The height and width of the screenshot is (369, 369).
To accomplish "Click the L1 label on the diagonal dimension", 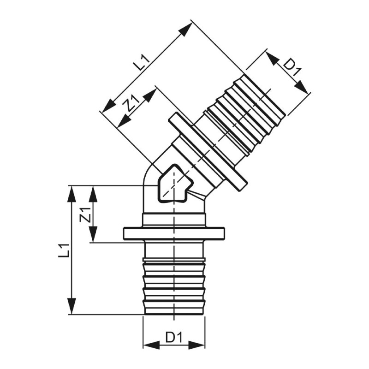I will point(142,62).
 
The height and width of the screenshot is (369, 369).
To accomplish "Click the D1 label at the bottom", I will point(174,338).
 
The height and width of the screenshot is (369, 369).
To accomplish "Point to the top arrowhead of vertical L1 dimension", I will point(71,194).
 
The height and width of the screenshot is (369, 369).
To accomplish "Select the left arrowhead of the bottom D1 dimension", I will point(150,345).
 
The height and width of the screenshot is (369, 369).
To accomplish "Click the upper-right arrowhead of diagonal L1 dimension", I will point(185,30).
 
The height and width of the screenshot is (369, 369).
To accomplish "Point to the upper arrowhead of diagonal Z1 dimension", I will point(149,95).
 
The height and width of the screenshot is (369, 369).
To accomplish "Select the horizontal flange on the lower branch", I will point(173,233).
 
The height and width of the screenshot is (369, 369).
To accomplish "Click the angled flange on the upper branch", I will point(207,151).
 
